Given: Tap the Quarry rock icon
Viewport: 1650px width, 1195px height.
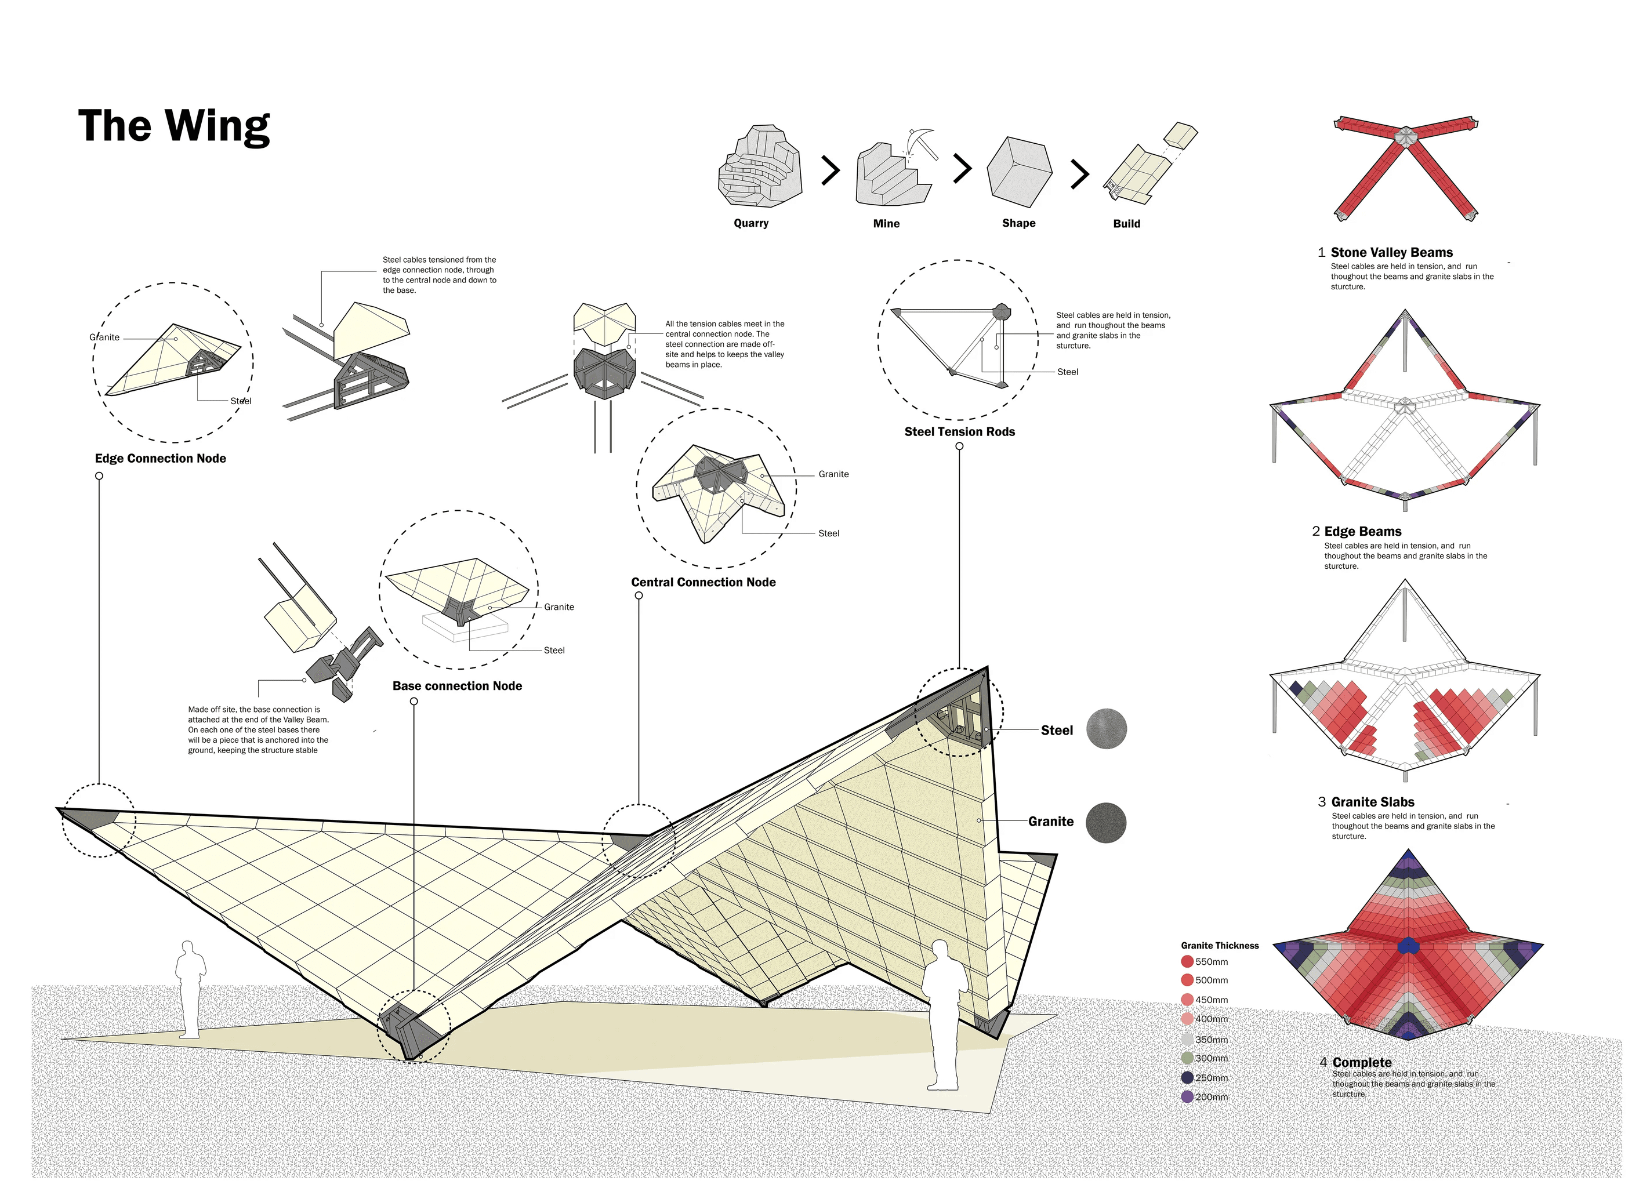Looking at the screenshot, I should click(760, 168).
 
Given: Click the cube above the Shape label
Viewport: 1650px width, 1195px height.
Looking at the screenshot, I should click(1019, 172).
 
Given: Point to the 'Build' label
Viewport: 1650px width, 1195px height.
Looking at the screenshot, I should click(1126, 224).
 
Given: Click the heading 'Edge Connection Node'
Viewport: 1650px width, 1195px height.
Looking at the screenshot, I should click(160, 458).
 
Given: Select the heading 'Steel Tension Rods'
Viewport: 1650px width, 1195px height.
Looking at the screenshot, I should click(959, 431).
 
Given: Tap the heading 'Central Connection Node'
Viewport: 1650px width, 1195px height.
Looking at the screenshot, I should click(703, 582).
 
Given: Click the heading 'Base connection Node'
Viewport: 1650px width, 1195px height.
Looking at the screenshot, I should click(457, 686).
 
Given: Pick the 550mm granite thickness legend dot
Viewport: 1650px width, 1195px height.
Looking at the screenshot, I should click(1187, 961).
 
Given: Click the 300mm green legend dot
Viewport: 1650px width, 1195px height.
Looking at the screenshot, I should click(1187, 1058).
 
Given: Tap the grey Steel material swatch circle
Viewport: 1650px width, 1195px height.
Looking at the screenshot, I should click(1106, 729).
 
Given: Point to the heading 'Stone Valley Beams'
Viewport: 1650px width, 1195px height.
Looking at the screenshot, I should click(1391, 252).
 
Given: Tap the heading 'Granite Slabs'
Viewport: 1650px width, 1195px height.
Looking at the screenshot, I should click(1372, 801).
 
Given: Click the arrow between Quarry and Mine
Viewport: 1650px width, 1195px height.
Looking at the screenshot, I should click(830, 170).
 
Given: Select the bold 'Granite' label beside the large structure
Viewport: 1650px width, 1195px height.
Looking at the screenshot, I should click(1050, 821).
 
